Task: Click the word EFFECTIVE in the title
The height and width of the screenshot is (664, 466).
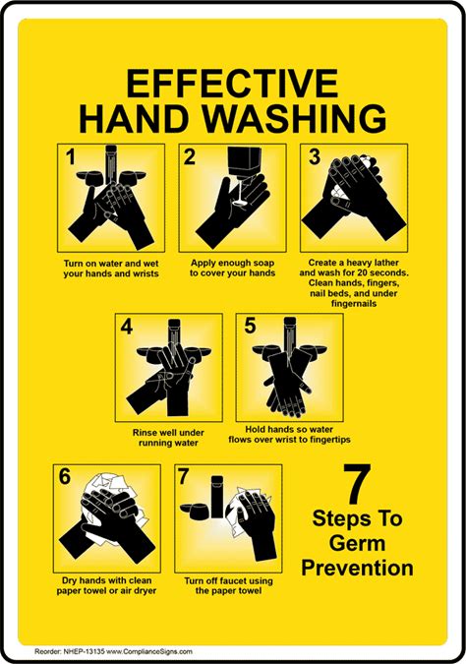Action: (x=232, y=83)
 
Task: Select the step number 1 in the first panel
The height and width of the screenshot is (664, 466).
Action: (x=70, y=157)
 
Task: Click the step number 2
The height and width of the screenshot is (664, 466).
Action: (x=190, y=157)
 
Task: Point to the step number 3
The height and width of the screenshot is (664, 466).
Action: (x=315, y=156)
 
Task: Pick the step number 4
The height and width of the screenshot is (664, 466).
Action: (x=127, y=326)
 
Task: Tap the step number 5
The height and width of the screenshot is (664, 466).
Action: (x=250, y=326)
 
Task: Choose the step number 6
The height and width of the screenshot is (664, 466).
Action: (x=64, y=476)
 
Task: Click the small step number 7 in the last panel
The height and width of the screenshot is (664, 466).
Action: (x=183, y=477)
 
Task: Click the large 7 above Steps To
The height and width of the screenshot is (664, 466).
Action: (x=357, y=484)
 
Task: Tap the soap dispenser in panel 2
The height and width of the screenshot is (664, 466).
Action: (x=245, y=161)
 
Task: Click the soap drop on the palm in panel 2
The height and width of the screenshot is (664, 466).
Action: (x=240, y=204)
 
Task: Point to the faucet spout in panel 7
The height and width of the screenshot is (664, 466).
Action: (x=217, y=497)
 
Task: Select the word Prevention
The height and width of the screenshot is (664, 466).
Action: (x=357, y=568)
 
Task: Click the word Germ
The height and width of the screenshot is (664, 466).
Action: (x=357, y=543)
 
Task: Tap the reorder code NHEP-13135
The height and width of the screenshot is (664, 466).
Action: (x=83, y=651)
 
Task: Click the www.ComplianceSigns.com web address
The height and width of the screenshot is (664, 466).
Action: (x=149, y=651)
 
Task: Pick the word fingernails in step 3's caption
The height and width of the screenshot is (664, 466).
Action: (x=353, y=304)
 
